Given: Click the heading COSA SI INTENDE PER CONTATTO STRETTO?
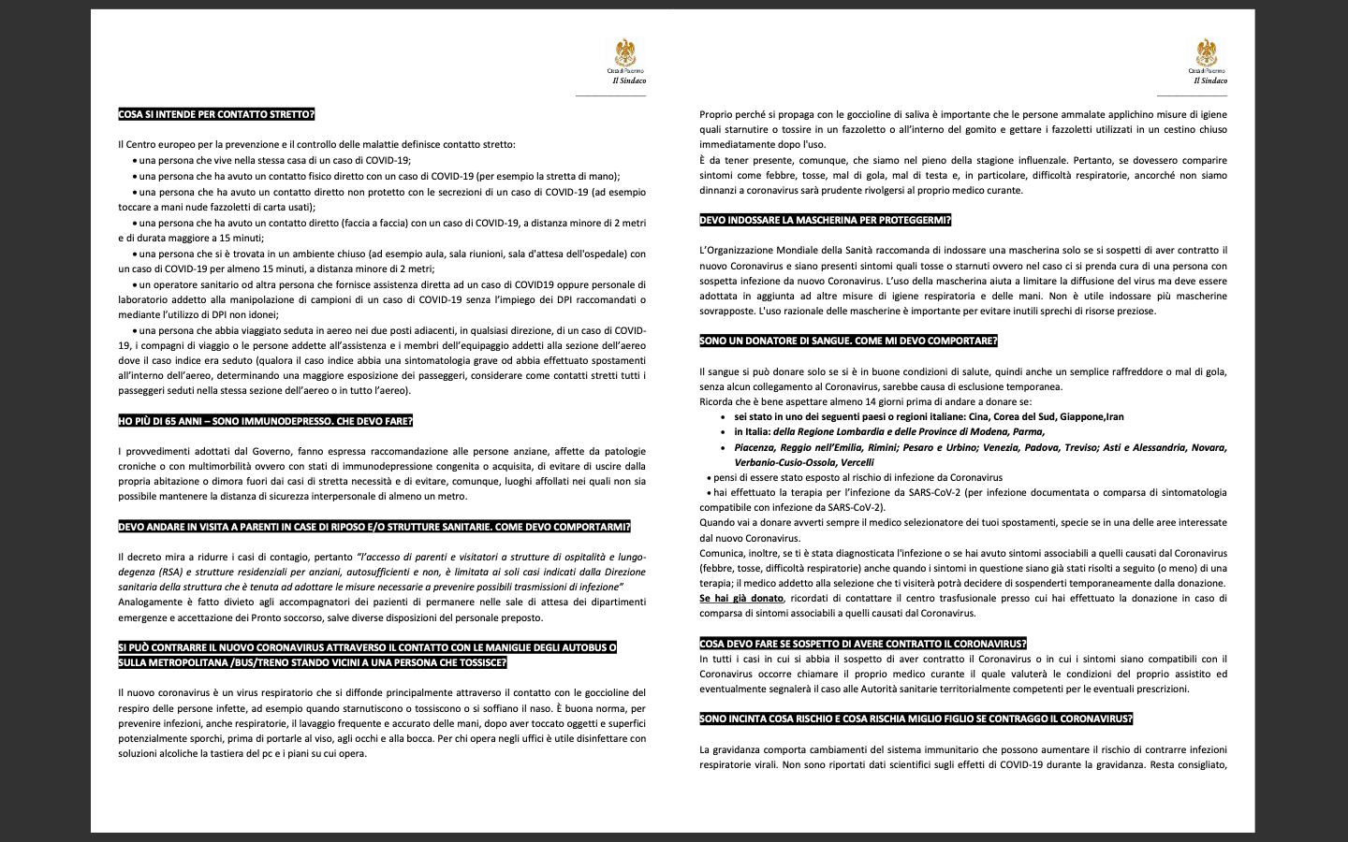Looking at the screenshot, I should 216,114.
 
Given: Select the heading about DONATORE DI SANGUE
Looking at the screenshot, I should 848,341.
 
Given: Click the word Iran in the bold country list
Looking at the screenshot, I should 1114,416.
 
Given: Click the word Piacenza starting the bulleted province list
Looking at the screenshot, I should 758,447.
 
